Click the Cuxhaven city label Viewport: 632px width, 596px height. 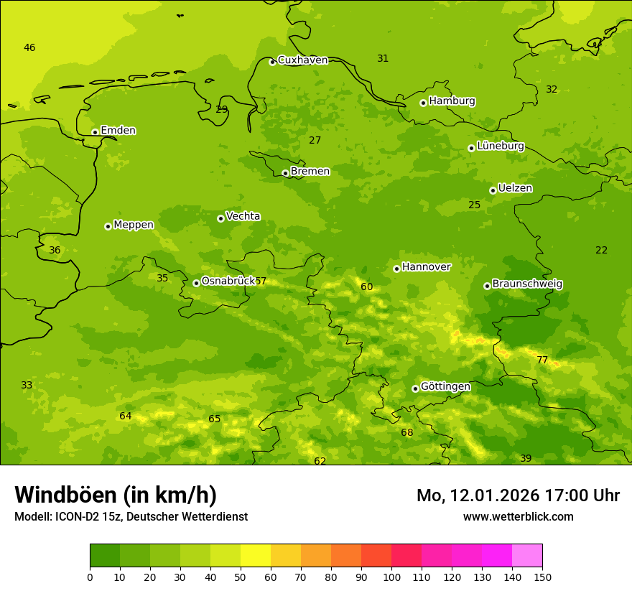pyautogui.click(x=302, y=60)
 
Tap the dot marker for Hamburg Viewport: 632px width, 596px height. pyautogui.click(x=423, y=103)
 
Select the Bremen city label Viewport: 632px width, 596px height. pyautogui.click(x=310, y=172)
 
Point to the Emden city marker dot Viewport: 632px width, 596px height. pyautogui.click(x=95, y=132)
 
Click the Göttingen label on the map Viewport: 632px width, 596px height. pyautogui.click(x=445, y=387)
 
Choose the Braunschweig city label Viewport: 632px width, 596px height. pyautogui.click(x=527, y=284)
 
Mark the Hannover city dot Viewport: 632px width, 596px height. pyautogui.click(x=396, y=269)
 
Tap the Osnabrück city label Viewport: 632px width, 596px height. pyautogui.click(x=228, y=281)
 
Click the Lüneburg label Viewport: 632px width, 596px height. pyautogui.click(x=500, y=146)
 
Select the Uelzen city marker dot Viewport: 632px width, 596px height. pyautogui.click(x=493, y=190)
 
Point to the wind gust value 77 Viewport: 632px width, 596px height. pyautogui.click(x=542, y=360)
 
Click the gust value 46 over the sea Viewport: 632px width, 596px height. pyautogui.click(x=29, y=48)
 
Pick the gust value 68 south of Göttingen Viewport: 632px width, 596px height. pyautogui.click(x=407, y=433)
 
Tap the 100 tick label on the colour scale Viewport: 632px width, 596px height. pyautogui.click(x=391, y=577)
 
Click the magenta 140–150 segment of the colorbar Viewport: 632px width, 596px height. pyautogui.click(x=527, y=556)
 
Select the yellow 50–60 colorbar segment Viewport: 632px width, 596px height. pyautogui.click(x=256, y=556)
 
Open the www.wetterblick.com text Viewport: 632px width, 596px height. pyautogui.click(x=518, y=517)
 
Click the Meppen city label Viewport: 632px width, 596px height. pyautogui.click(x=133, y=225)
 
